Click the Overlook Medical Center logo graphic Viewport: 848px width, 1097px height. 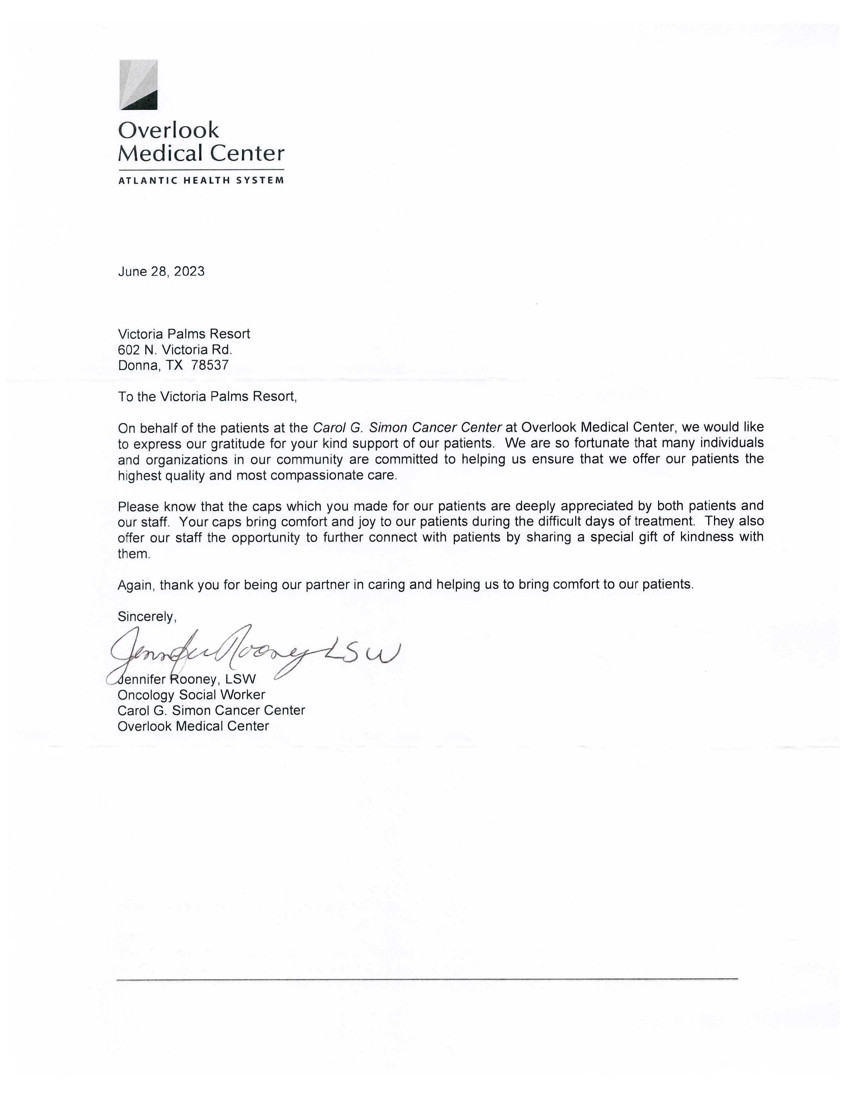point(138,84)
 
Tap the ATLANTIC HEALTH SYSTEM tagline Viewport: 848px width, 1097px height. point(201,180)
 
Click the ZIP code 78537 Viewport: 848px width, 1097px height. point(210,365)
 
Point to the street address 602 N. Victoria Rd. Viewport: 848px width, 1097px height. point(175,350)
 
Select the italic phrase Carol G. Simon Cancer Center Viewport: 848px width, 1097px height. point(407,427)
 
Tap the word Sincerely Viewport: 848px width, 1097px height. point(147,616)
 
